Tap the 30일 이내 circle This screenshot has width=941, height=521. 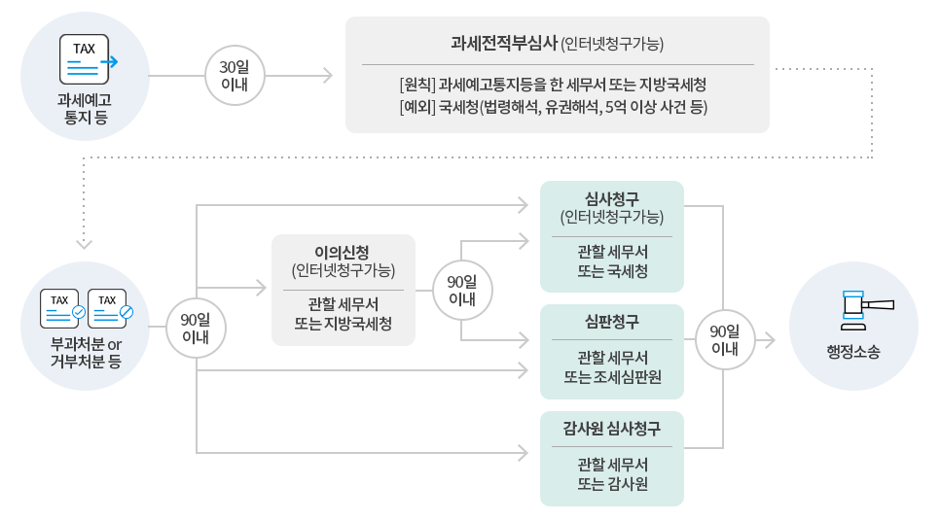point(235,75)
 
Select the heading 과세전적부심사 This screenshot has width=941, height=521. point(503,44)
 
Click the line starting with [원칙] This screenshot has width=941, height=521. point(553,85)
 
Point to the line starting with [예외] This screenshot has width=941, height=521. point(553,106)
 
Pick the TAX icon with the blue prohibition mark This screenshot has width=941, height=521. point(109,308)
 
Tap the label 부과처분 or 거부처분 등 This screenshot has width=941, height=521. point(86,355)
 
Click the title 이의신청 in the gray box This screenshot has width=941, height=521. point(343,251)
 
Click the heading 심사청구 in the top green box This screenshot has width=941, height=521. point(612,198)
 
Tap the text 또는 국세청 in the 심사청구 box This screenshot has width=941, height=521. point(612,272)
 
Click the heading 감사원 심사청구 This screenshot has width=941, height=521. point(612,429)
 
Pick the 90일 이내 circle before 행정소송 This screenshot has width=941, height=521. point(724,339)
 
